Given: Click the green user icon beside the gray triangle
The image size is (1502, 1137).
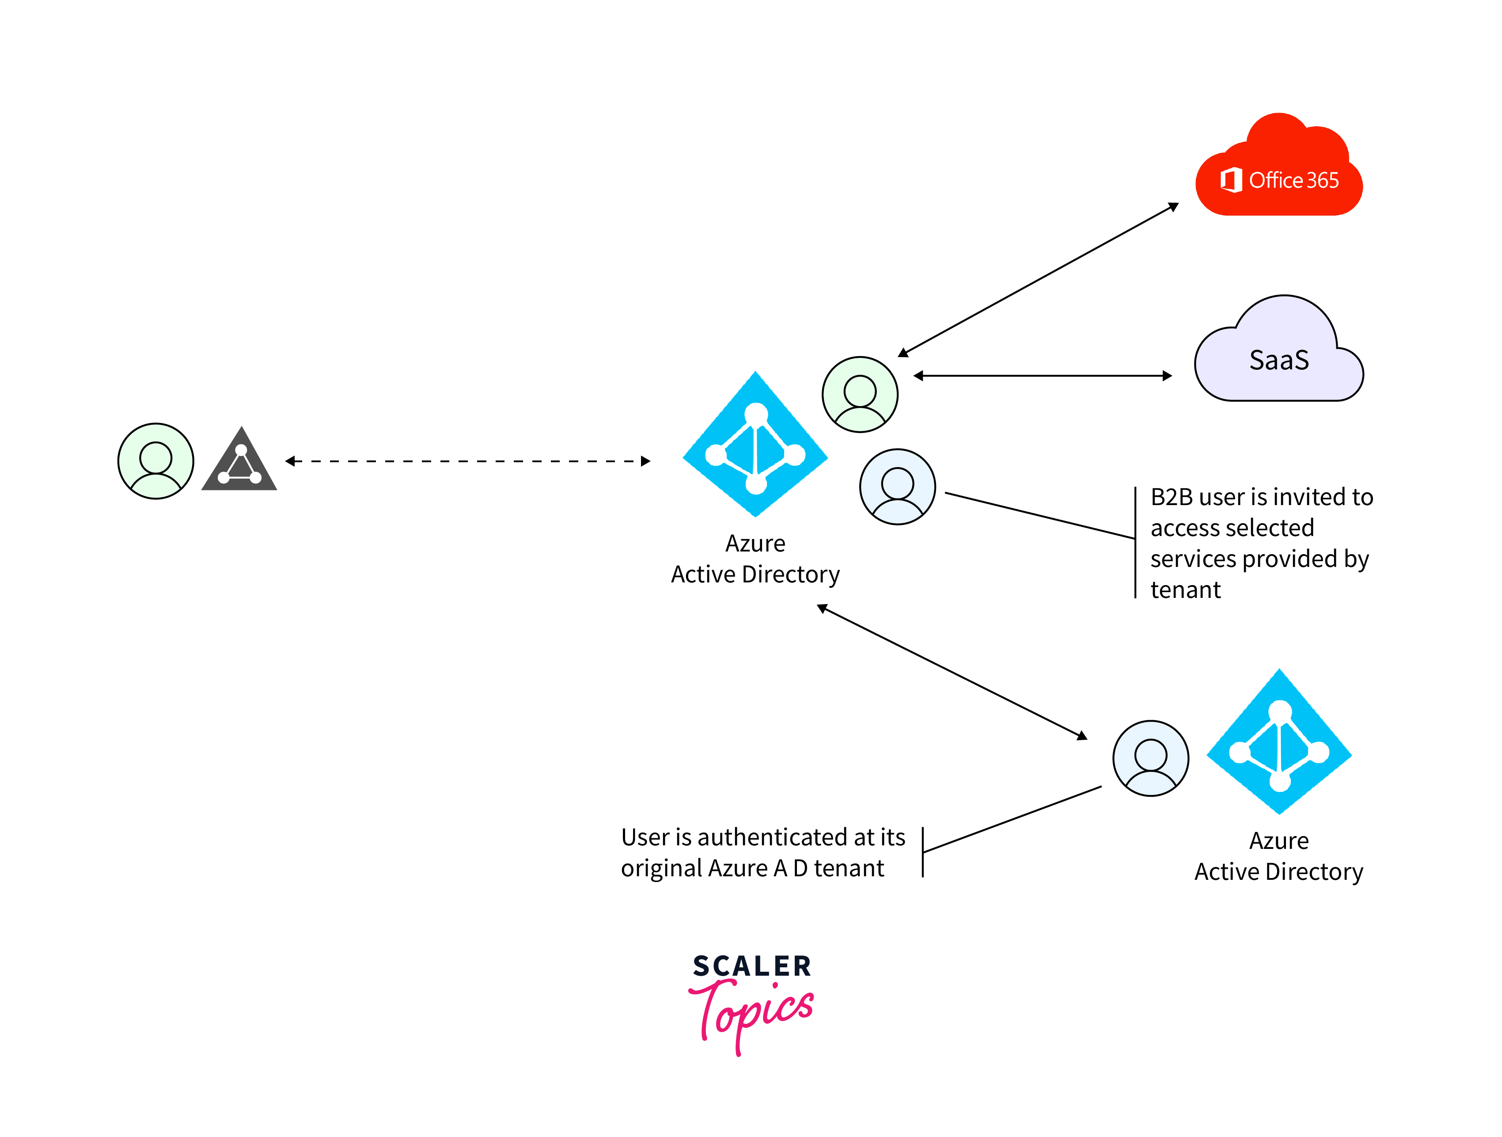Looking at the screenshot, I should point(156,461).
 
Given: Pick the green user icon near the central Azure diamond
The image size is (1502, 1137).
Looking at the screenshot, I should point(860,395).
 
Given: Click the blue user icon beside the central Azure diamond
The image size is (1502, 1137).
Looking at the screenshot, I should point(897,487).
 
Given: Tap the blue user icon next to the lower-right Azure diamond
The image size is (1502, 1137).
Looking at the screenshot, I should point(1150,758).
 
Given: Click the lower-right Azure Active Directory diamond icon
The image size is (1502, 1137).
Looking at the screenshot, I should point(1279,742).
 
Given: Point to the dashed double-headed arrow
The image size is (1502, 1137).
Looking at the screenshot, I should point(467,461).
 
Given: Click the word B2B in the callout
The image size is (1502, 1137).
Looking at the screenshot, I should point(1171,497).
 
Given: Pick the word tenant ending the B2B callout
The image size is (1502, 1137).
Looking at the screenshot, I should point(1185,589).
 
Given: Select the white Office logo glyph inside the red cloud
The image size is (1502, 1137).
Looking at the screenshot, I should point(1230,180).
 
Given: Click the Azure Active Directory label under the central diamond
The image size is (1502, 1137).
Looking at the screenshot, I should point(755,559).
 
